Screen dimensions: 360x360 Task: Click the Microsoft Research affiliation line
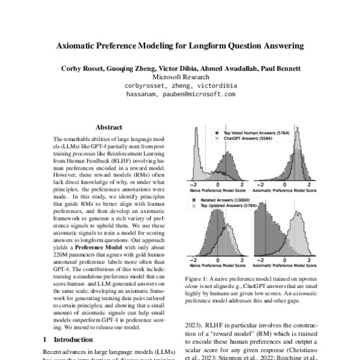181,77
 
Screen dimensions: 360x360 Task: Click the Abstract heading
109,127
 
